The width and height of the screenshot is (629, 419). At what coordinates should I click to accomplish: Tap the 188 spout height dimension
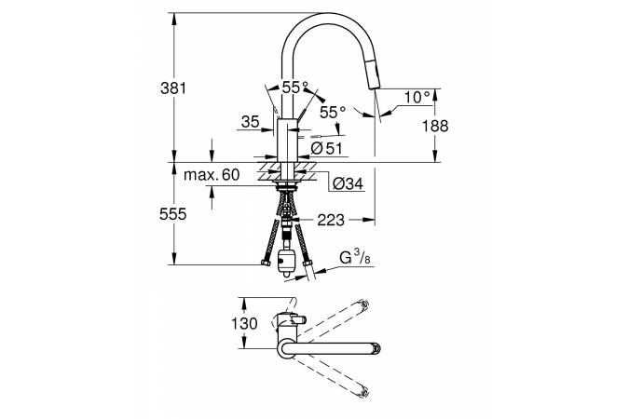click(x=436, y=126)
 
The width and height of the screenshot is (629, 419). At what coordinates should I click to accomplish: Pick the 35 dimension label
click(x=249, y=121)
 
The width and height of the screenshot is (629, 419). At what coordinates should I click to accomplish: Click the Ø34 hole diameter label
click(x=347, y=184)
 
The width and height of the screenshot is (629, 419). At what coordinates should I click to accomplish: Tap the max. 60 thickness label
click(x=212, y=175)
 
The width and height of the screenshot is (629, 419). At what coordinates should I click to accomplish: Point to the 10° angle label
click(x=417, y=96)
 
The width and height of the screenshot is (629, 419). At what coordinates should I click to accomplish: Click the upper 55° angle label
click(x=296, y=88)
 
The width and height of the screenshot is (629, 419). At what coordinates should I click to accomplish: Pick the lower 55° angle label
click(x=333, y=111)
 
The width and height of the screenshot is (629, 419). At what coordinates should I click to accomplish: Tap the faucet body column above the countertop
click(x=287, y=140)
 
